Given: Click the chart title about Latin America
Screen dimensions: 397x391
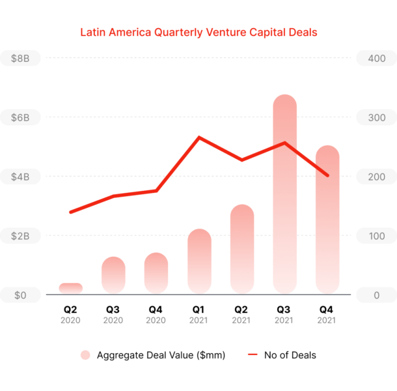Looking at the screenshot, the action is tap(198, 33).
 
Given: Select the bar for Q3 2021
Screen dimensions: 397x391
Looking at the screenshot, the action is tap(285, 194).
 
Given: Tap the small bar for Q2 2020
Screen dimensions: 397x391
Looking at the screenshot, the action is tap(71, 288).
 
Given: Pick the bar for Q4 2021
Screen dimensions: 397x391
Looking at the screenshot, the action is tap(327, 220).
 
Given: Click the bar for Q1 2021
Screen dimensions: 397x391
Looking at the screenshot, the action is tap(199, 261).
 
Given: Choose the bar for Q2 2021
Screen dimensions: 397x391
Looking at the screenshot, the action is tap(242, 249).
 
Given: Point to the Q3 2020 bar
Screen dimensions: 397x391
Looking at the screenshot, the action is tap(113, 275).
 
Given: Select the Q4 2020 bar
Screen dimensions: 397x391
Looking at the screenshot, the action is tap(156, 273).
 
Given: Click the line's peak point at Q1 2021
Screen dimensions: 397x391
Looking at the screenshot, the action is tap(199, 138).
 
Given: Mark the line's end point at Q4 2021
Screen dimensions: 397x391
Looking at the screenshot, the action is tap(327, 175).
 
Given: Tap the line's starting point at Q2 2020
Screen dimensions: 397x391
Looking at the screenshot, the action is tap(71, 212).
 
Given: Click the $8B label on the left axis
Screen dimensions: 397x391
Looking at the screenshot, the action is tap(20, 58).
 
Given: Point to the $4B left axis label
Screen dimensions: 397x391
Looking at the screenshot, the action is tap(20, 177).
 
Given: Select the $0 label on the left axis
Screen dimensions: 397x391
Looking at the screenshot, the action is tap(20, 295).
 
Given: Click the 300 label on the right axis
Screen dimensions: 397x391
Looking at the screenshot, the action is tap(377, 118).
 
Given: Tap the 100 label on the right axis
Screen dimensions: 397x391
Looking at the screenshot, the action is tap(377, 236).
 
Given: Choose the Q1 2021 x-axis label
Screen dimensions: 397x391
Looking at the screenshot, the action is tap(198, 315).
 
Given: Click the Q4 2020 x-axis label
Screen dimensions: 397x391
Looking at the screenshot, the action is tap(156, 315).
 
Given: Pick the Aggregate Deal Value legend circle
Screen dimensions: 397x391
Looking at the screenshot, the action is tap(85, 355).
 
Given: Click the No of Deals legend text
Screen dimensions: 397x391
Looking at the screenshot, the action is tap(290, 355).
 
